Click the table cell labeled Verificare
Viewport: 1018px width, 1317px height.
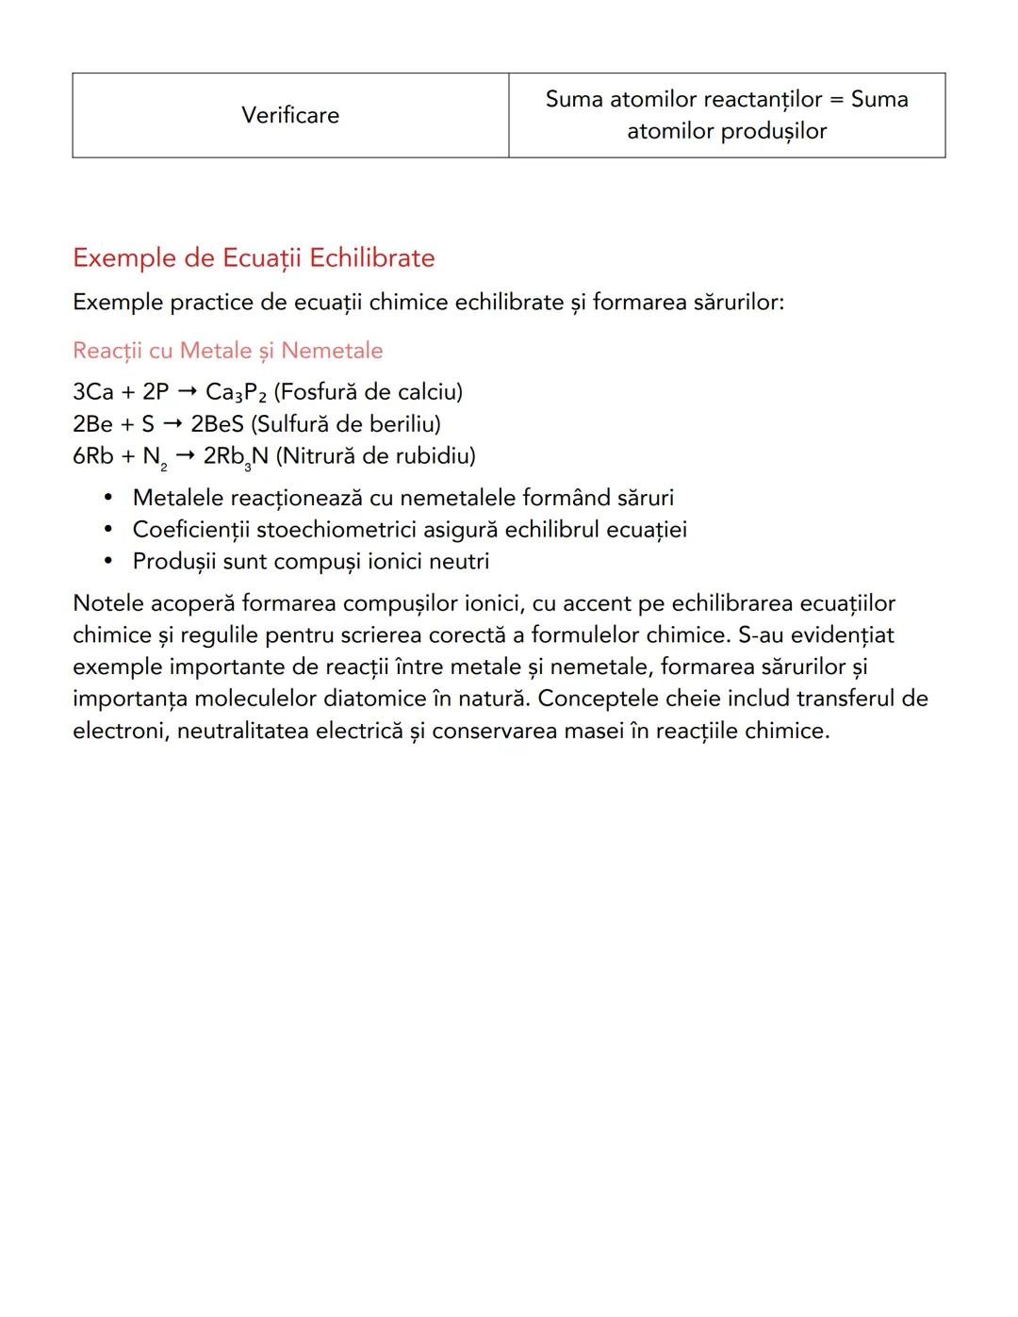[x=290, y=115]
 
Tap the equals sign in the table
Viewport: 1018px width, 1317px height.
[x=836, y=99]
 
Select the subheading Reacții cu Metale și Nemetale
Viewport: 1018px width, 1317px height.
[x=228, y=351]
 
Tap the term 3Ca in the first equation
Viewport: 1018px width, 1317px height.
[x=92, y=392]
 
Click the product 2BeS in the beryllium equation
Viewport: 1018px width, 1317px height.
[x=217, y=424]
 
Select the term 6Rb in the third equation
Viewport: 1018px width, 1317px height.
[x=92, y=456]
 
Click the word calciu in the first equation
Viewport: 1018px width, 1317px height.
[x=426, y=392]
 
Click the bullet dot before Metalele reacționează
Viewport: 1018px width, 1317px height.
[x=109, y=498]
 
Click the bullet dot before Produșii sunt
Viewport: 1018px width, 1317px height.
[x=109, y=562]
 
